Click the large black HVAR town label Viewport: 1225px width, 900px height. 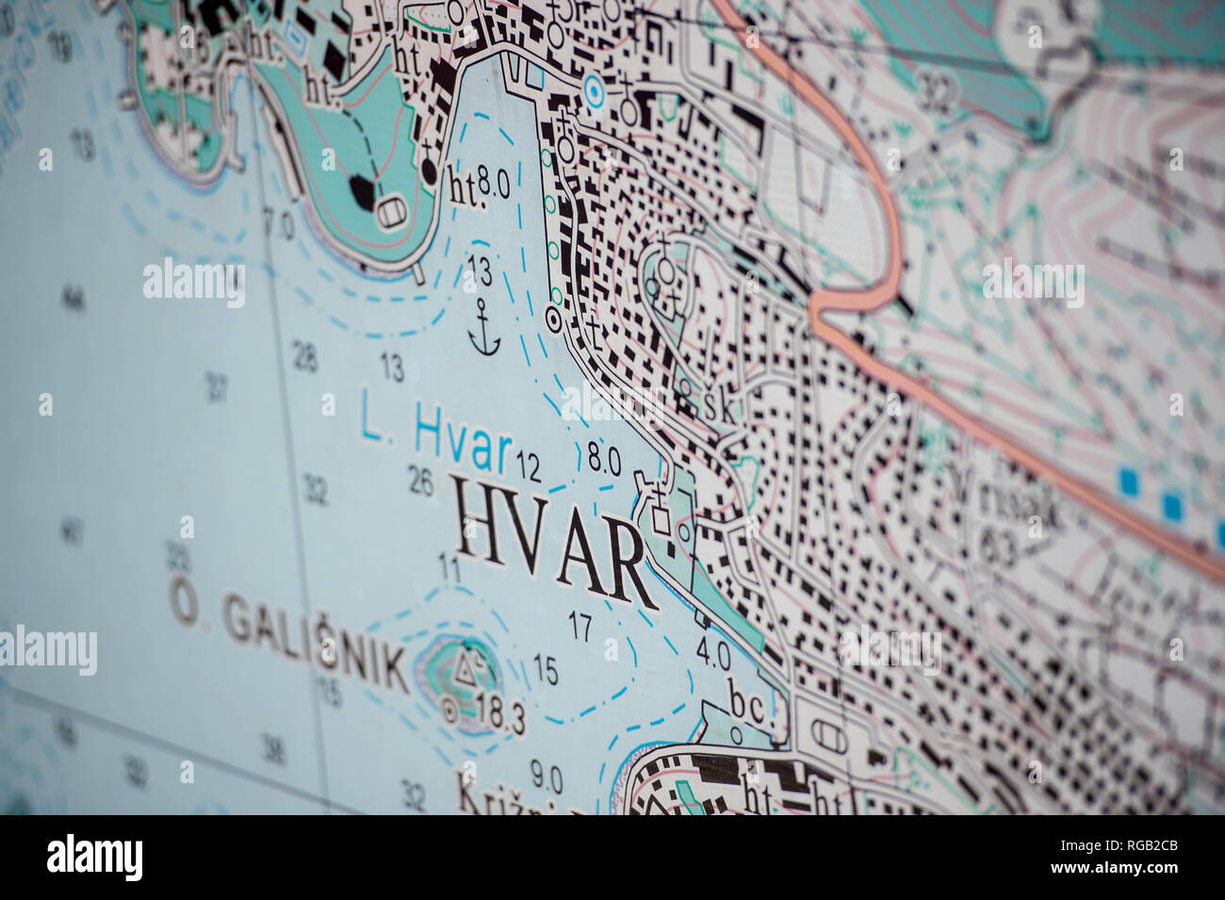[554, 539]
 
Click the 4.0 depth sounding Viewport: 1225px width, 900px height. [712, 651]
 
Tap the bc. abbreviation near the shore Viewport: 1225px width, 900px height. [749, 707]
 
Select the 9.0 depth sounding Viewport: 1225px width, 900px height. [546, 777]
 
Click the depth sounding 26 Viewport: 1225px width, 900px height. [421, 483]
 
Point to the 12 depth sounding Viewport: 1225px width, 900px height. [528, 465]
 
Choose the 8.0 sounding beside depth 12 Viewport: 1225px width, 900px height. [603, 460]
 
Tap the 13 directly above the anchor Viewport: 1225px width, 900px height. [479, 271]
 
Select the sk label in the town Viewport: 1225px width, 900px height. [718, 408]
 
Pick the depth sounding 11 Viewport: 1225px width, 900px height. [449, 567]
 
